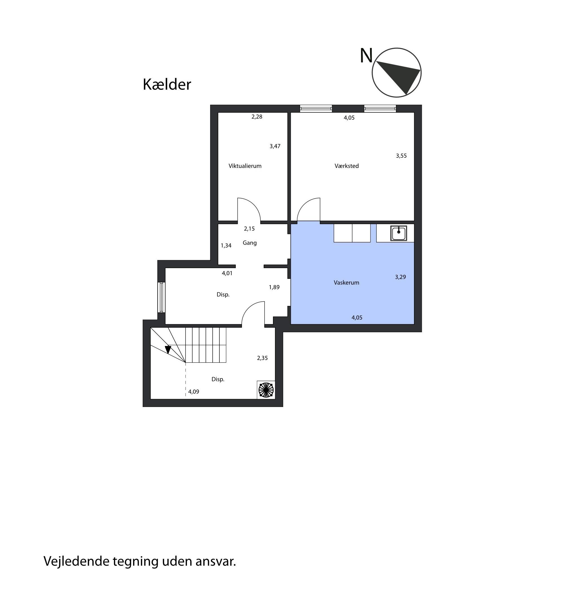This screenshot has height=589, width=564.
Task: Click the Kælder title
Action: [167, 84]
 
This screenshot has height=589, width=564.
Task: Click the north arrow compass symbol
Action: [396, 73]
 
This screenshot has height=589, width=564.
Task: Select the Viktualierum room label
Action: [245, 166]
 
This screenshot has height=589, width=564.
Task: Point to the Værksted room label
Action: [347, 166]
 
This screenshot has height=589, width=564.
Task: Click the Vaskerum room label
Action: [346, 283]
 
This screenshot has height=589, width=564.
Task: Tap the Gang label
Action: [250, 243]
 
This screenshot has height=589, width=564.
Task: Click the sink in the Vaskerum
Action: [398, 233]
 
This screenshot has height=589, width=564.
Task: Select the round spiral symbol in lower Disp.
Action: [266, 390]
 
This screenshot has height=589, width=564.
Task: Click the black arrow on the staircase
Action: [168, 349]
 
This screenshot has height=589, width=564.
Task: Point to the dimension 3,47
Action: [275, 146]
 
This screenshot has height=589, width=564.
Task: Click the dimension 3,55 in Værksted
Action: [401, 156]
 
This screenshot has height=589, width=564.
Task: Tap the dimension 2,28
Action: [257, 117]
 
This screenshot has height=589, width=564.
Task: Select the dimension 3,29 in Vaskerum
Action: [400, 277]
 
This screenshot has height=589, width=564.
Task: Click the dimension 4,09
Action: [193, 392]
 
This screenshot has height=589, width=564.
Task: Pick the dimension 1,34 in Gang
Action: [226, 246]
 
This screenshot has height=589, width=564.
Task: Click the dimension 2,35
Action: [262, 358]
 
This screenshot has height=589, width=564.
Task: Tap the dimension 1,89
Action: [274, 287]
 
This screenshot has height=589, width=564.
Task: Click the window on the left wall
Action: [161, 297]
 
